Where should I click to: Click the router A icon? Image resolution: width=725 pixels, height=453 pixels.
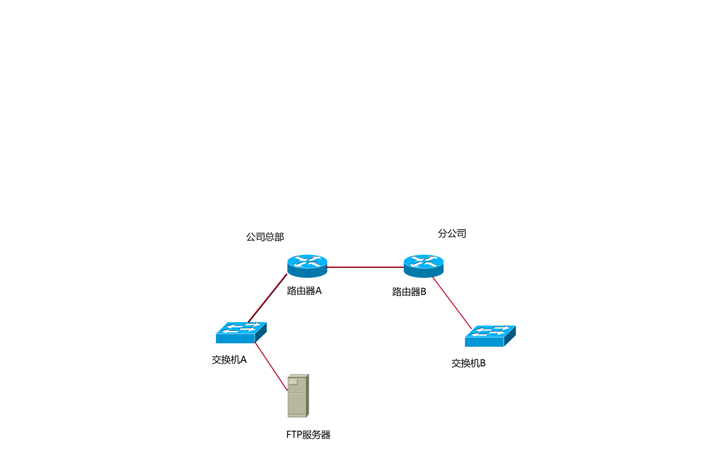(x=307, y=266)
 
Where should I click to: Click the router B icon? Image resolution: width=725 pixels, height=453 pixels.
(x=423, y=266)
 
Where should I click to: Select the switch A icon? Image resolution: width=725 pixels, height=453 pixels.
(x=241, y=333)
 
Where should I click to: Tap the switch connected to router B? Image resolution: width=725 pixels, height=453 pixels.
(x=490, y=336)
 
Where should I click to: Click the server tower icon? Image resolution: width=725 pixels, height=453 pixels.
(x=298, y=396)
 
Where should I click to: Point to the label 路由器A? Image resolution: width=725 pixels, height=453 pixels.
(x=304, y=291)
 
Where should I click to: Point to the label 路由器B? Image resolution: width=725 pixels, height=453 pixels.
(x=409, y=292)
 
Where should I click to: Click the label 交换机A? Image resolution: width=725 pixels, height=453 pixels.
(x=230, y=360)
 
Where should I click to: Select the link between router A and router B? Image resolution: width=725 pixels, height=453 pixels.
(x=366, y=267)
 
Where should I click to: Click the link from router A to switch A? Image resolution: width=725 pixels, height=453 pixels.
(x=267, y=298)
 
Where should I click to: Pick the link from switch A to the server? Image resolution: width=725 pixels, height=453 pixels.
(x=271, y=366)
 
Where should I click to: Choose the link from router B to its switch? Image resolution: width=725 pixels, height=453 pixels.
(x=452, y=303)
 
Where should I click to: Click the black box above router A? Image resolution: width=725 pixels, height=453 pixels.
(x=265, y=237)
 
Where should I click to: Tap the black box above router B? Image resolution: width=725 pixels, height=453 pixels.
(x=452, y=233)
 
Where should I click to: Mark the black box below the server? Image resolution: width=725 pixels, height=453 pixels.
(x=309, y=434)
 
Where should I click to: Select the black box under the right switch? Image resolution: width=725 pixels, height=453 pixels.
(x=468, y=363)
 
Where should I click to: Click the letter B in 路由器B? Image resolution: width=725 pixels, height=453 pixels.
(x=423, y=292)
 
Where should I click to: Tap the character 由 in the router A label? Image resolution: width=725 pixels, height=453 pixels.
(x=301, y=291)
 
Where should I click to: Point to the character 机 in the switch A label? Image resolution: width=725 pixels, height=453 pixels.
(x=234, y=360)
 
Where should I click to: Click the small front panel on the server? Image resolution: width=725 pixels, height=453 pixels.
(x=293, y=383)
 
